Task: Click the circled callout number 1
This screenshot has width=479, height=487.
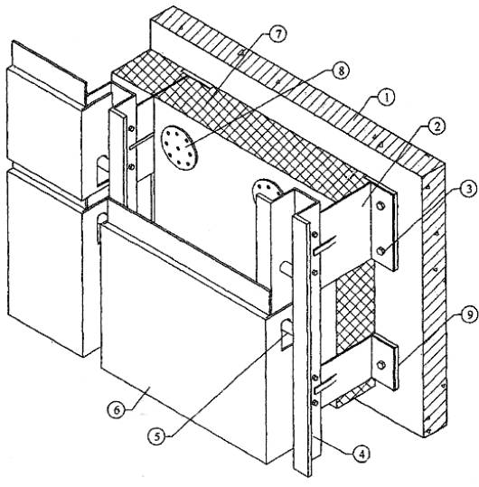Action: click(x=386, y=98)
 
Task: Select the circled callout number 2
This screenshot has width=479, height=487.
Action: click(x=437, y=126)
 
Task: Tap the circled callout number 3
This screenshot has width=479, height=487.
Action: click(x=467, y=189)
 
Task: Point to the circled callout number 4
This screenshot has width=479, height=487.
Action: click(x=361, y=454)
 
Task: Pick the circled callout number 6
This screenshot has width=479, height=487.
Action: click(x=117, y=409)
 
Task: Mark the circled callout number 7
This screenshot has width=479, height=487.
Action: click(x=277, y=33)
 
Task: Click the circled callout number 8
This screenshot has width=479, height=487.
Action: click(x=341, y=70)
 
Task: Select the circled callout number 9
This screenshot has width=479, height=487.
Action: click(x=469, y=315)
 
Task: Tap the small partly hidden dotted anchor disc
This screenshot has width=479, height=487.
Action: click(x=267, y=189)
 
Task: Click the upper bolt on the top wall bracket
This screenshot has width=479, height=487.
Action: click(x=380, y=206)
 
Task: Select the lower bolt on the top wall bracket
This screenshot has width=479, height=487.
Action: click(x=381, y=250)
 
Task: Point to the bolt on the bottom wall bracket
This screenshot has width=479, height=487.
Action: click(x=380, y=365)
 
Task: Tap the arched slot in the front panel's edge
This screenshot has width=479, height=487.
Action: click(x=286, y=335)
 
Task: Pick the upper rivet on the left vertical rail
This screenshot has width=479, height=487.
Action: click(x=131, y=128)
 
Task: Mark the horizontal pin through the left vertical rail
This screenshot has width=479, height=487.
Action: click(x=142, y=141)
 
